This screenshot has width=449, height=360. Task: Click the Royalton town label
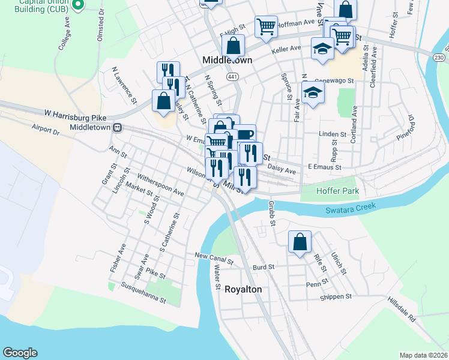[243, 289]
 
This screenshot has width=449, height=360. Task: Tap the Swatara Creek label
[351, 208]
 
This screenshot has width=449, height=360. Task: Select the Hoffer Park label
[338, 191]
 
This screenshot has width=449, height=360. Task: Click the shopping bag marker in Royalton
[300, 242]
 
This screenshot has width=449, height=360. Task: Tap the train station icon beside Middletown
[118, 127]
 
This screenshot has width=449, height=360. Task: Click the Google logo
[20, 353]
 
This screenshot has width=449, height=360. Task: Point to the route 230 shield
[440, 57]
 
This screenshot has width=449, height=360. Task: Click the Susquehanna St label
[143, 292]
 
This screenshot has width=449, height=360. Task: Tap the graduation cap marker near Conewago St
[313, 93]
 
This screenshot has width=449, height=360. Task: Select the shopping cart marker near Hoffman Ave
[265, 26]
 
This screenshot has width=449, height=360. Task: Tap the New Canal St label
[213, 259]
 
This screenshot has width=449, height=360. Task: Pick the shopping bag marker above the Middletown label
[232, 45]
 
